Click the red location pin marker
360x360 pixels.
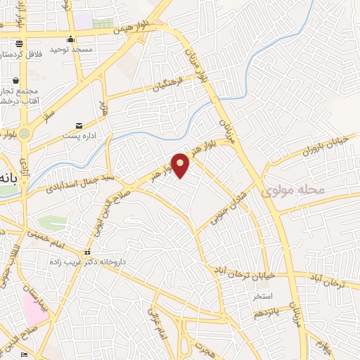pos(181,165)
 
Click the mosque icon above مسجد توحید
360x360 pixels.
pos(70,39)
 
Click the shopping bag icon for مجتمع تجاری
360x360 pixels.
pos(15,80)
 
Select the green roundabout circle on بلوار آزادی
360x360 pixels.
pos(25,134)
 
